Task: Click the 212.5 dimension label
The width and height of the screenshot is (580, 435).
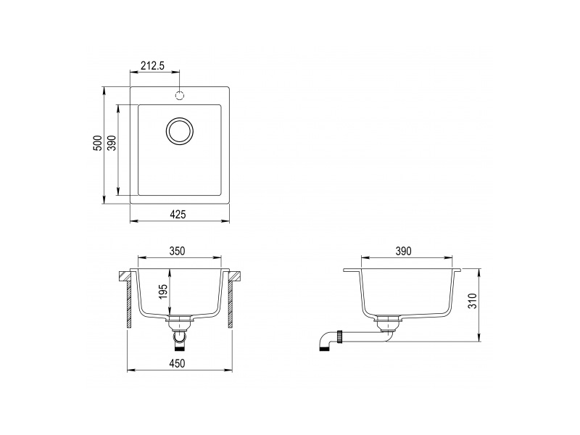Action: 152,66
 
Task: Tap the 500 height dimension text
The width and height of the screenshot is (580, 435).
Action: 97,144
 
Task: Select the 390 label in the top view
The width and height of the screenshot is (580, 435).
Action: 112,144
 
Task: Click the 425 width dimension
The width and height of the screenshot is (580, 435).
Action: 179,214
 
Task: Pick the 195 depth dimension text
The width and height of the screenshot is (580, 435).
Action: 163,292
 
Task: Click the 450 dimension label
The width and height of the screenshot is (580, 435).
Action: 178,363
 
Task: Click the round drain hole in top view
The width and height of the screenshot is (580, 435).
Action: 180,131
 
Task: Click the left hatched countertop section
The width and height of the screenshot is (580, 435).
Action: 124,276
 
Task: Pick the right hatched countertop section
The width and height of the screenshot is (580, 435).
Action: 234,276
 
